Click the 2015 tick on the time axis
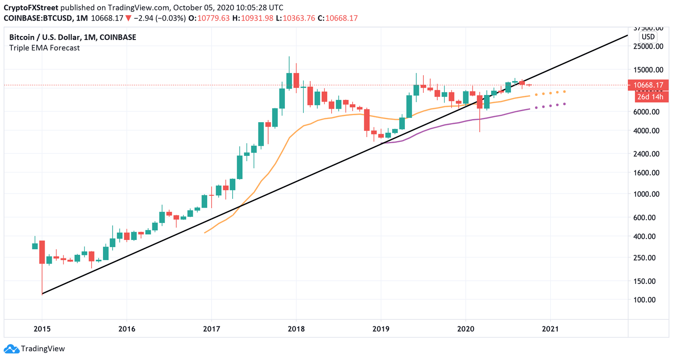(42, 328)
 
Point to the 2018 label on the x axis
(296, 328)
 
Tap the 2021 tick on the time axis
(550, 328)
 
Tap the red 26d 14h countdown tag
(650, 97)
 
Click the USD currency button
(648, 37)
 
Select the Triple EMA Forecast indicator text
(44, 48)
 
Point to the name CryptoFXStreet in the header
(31, 7)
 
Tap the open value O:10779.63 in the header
(209, 18)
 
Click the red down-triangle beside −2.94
(128, 18)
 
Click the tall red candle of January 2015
(42, 252)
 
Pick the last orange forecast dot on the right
(564, 92)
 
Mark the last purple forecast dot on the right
(564, 104)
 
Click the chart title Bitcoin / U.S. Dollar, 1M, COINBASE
(73, 38)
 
